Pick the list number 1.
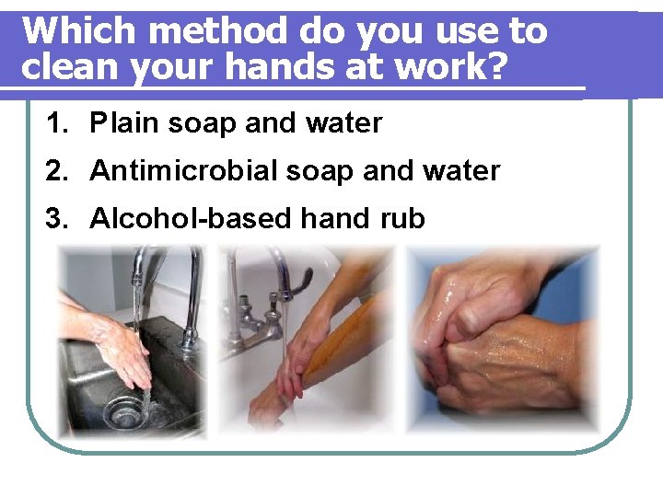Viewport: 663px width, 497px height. pos(58,123)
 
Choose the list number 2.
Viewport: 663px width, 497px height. pos(58,171)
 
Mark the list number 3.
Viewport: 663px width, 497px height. pos(58,219)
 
